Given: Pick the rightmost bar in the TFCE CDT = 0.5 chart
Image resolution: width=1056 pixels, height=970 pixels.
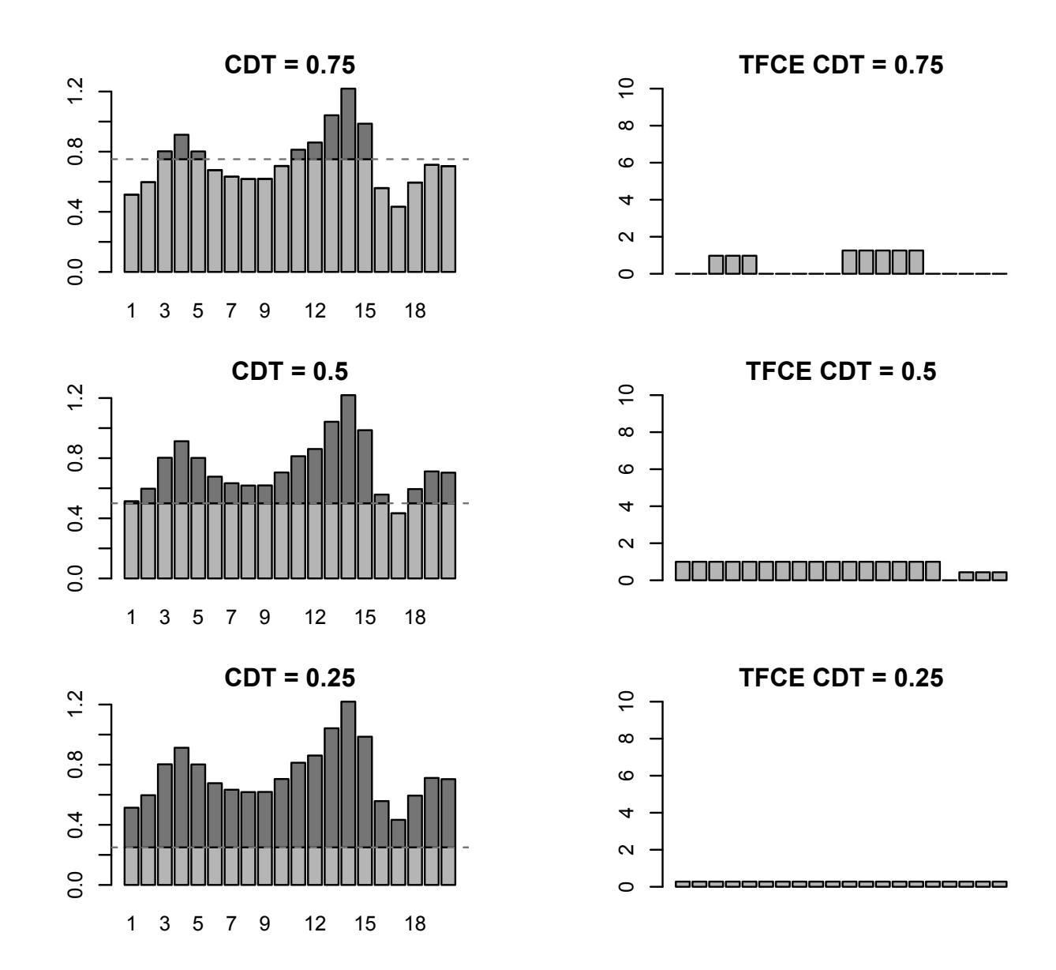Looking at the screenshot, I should click(999, 576).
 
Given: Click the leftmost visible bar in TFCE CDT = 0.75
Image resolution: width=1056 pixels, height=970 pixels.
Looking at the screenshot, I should click(716, 265).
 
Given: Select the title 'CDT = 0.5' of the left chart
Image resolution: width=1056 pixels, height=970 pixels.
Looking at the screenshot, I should click(290, 371).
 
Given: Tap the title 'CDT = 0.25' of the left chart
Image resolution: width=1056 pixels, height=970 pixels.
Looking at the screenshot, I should click(290, 678).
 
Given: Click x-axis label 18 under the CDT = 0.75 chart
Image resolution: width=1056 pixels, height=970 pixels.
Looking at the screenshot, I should click(415, 310).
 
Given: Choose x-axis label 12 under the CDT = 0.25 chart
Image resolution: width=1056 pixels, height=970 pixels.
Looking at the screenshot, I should click(315, 923).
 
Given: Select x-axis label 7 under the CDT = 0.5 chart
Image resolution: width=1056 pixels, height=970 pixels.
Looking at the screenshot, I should click(230, 617).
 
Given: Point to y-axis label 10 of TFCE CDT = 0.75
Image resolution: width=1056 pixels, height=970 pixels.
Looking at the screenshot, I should click(629, 89).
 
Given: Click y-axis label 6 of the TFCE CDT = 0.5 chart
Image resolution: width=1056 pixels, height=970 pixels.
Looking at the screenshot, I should click(629, 469).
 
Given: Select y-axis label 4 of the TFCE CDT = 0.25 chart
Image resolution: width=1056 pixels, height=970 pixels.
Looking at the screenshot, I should click(629, 812).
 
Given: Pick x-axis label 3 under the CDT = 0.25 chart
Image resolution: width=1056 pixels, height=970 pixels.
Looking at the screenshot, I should click(164, 923).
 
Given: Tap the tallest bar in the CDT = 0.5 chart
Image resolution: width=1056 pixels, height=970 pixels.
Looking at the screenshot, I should click(348, 486).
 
